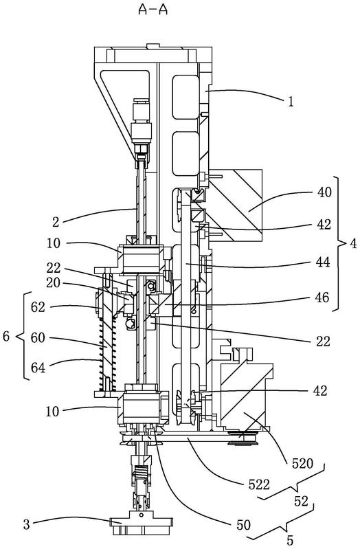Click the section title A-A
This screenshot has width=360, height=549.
coord(153,10)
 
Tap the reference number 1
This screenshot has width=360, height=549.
coord(291,102)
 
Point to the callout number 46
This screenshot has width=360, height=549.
coord(322,298)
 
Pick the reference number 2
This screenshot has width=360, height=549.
coord(56,222)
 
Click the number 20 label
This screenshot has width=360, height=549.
coord(53,282)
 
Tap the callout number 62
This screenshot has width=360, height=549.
coord(38,307)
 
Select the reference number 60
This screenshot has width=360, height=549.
coord(38,338)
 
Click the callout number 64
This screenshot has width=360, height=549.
coord(38,368)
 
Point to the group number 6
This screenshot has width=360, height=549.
coord(6,337)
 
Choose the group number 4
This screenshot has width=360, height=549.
coord(353,243)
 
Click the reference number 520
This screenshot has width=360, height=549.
coord(302,463)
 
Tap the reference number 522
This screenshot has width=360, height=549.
coord(259,484)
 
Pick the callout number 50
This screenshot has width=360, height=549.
coord(244,524)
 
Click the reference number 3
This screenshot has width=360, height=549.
coord(27,525)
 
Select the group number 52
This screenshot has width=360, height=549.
coord(301,502)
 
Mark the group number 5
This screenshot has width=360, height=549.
coord(290,540)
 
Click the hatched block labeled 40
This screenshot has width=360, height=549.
coord(236,205)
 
